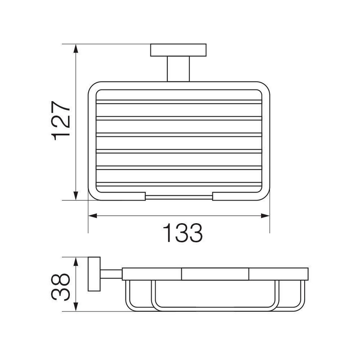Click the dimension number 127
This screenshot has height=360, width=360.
pos(61,121)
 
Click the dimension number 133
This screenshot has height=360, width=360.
pos(183,233)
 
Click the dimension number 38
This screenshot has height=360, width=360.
pos(60,287)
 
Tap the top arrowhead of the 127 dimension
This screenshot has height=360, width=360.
pos(76,49)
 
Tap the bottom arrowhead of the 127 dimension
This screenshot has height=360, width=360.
pos(76,196)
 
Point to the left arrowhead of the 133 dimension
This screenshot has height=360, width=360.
pos(93,216)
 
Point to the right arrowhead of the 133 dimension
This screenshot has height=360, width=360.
pos(265,216)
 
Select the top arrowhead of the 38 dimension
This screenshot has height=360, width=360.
pos(76,261)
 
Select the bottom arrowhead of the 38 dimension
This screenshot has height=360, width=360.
pos(76,307)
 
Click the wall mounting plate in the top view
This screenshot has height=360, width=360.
pos(178,50)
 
